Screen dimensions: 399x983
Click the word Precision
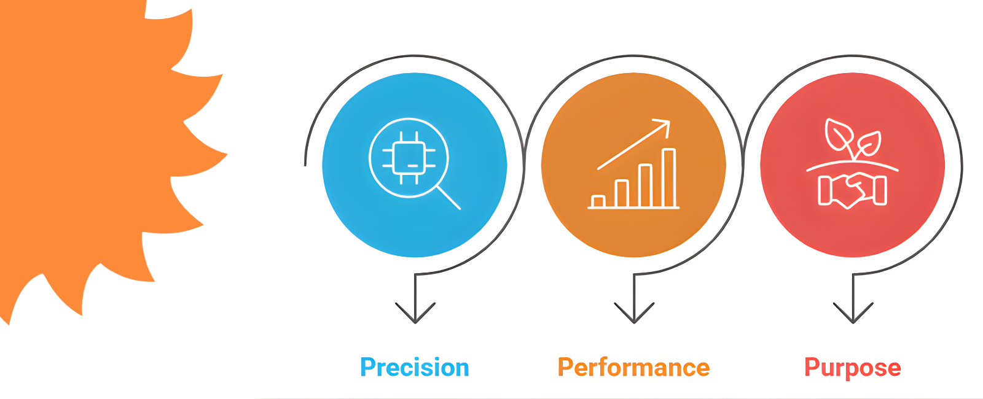(415, 367)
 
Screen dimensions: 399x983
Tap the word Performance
(633, 367)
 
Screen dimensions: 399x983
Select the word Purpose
(852, 367)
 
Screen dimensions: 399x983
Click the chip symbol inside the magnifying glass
(409, 158)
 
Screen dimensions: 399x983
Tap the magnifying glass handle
(449, 198)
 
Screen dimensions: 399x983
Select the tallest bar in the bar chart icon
(669, 178)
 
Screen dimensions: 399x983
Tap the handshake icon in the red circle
(853, 190)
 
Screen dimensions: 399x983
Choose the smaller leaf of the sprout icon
(869, 144)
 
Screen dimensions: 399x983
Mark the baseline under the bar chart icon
(633, 208)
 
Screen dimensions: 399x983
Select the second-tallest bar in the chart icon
(645, 185)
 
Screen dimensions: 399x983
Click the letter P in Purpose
(812, 367)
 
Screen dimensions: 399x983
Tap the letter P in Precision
(367, 367)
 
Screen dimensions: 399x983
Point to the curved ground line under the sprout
(853, 164)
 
